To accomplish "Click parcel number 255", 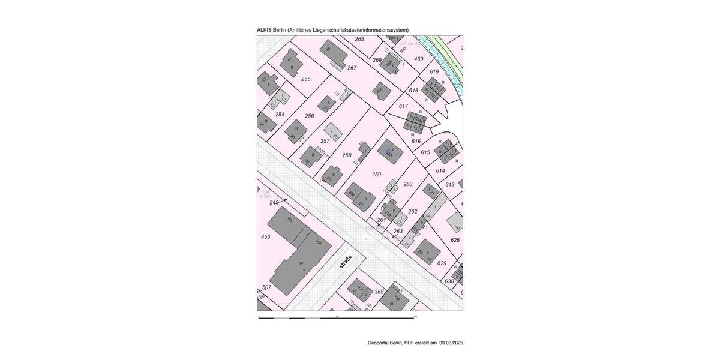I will pos(305,79).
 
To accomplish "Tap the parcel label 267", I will pos(352,68).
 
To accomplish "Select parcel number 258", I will pos(347,155).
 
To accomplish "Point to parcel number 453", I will pos(265,237).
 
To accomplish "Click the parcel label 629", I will pos(442,263).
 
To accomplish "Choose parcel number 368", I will pos(379,292).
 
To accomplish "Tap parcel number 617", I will pos(403,106).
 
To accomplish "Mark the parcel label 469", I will pos(419,59).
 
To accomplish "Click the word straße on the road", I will pos(344,263).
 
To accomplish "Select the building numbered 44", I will pos(290,62).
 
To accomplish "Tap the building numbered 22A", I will pos(353,194).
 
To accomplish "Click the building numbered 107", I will pos(359,289).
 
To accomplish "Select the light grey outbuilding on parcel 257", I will pos(332,131).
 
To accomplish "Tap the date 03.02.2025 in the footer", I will pos(451,343).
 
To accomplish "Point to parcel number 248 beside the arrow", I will pos(274,203).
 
